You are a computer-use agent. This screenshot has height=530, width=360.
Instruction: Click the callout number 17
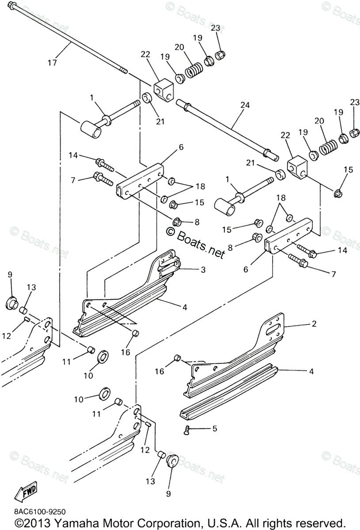(x=52, y=63)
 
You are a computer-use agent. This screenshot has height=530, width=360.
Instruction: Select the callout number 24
(x=245, y=105)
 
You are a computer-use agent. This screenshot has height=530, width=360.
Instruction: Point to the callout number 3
(x=203, y=269)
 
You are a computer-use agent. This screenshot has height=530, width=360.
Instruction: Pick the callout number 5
(x=215, y=428)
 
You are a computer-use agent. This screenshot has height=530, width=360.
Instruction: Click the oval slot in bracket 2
(x=272, y=329)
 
